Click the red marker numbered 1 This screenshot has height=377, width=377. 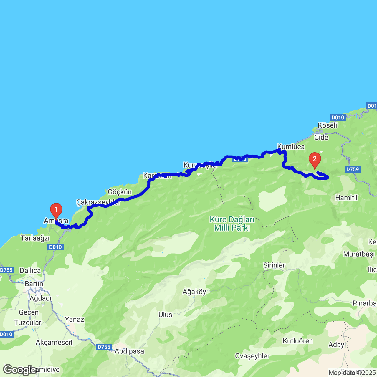coord(56,210)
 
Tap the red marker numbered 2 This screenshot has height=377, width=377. coord(315,160)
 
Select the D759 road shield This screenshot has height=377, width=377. coord(353,169)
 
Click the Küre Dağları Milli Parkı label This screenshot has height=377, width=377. coord(232,224)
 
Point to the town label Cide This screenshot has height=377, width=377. coord(321,138)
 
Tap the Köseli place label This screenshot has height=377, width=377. coord(328,125)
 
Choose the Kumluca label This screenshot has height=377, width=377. coord(291,147)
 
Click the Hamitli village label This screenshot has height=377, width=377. coord(346,198)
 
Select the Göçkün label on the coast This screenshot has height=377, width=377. coord(120,192)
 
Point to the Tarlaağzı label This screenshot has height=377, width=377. coord(35,238)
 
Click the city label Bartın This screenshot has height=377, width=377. coord(34,284)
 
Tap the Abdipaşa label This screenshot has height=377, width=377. coord(129,351)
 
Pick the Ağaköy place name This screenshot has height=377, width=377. coord(194,292)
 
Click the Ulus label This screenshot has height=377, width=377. coord(165,315)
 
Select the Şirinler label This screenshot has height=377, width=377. coord(274,265)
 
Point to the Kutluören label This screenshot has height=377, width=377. coord(298,341)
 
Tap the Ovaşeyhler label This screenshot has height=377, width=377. coord(252,356)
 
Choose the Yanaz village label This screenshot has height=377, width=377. coord(75,319)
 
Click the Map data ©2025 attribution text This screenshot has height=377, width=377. coord(352,373)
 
